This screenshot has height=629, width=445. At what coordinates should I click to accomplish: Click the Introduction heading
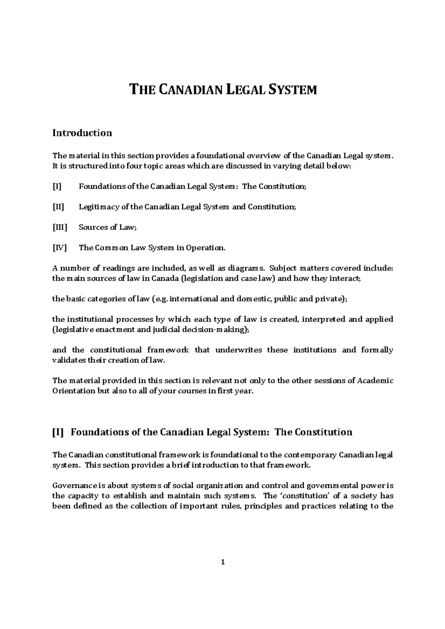click(x=82, y=133)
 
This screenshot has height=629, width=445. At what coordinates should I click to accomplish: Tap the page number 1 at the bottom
click(x=223, y=562)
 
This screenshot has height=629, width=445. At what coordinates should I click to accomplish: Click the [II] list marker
click(x=58, y=207)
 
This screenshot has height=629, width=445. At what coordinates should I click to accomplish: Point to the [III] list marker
click(x=60, y=227)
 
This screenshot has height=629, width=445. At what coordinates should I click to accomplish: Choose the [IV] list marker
click(x=59, y=248)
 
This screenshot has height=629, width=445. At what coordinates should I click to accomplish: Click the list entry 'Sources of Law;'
click(x=108, y=227)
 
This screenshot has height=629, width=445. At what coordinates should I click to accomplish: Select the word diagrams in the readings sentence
click(x=247, y=268)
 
